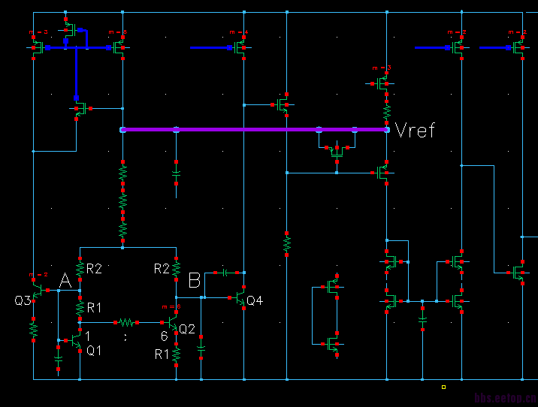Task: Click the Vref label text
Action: (415, 130)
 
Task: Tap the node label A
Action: (65, 281)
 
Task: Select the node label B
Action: (195, 281)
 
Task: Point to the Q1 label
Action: (94, 349)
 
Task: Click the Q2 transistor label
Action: (187, 328)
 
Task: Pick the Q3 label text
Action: (23, 300)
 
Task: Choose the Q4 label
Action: (255, 300)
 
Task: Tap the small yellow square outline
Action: (443, 387)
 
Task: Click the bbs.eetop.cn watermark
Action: (505, 397)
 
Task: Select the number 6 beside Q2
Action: (164, 336)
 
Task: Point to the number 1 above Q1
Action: (88, 336)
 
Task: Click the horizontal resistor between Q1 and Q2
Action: (126, 322)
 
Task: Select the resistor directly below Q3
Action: (33, 328)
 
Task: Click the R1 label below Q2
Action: (162, 354)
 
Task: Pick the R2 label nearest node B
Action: (162, 268)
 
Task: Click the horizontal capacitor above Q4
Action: (225, 272)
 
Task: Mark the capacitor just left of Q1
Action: (59, 360)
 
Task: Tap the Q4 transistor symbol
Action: (241, 298)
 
